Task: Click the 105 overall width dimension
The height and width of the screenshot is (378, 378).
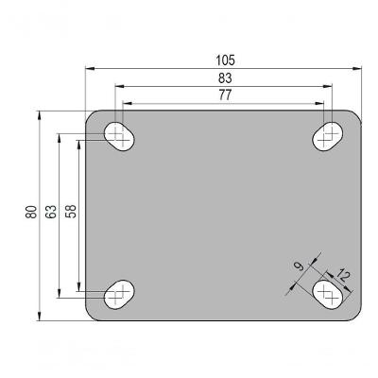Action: click(x=224, y=60)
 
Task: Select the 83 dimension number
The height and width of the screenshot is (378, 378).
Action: click(x=224, y=77)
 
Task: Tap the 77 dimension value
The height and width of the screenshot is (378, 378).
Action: click(x=224, y=94)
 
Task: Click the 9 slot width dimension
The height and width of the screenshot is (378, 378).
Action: click(x=300, y=268)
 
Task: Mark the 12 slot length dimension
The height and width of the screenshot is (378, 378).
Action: click(x=342, y=276)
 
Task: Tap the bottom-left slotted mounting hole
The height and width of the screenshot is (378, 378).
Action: click(x=118, y=294)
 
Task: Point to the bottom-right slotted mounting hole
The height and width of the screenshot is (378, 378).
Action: click(x=328, y=294)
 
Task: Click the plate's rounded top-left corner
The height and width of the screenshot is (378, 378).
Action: click(x=92, y=116)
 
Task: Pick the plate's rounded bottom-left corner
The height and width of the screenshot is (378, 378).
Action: click(x=92, y=315)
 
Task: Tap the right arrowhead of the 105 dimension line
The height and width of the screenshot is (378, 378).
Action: click(x=360, y=68)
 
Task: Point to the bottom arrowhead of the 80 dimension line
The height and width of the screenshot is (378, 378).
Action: click(x=40, y=317)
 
